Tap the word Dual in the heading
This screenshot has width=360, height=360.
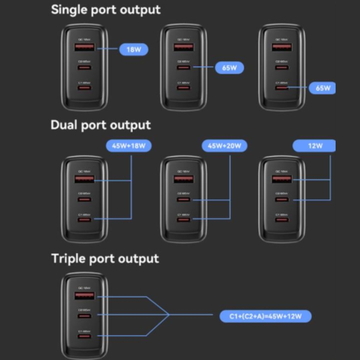click(x=64, y=125)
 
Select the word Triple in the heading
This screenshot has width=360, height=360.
click(x=68, y=258)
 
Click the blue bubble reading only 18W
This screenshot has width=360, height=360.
click(x=134, y=50)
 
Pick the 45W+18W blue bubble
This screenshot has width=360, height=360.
click(x=128, y=146)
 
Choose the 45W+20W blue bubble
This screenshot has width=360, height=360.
click(x=224, y=146)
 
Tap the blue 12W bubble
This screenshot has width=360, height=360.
click(x=314, y=146)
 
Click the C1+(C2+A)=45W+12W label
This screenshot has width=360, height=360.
click(x=265, y=316)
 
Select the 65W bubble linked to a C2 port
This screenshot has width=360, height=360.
click(x=229, y=68)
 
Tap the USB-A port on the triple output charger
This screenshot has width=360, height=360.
click(x=84, y=296)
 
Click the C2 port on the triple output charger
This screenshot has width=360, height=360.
click(x=84, y=315)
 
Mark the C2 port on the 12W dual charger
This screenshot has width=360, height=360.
click(x=282, y=200)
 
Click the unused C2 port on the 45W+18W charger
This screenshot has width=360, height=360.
click(x=84, y=200)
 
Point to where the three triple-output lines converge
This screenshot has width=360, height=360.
click(x=169, y=315)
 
